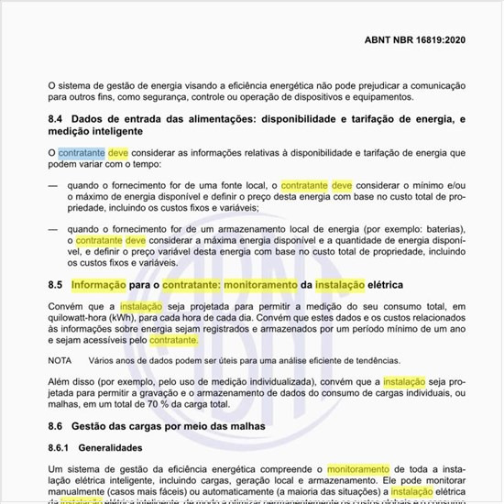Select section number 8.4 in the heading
coord(57,120)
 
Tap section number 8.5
coord(57,286)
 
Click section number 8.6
coord(57,426)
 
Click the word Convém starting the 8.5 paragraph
coord(67,306)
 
